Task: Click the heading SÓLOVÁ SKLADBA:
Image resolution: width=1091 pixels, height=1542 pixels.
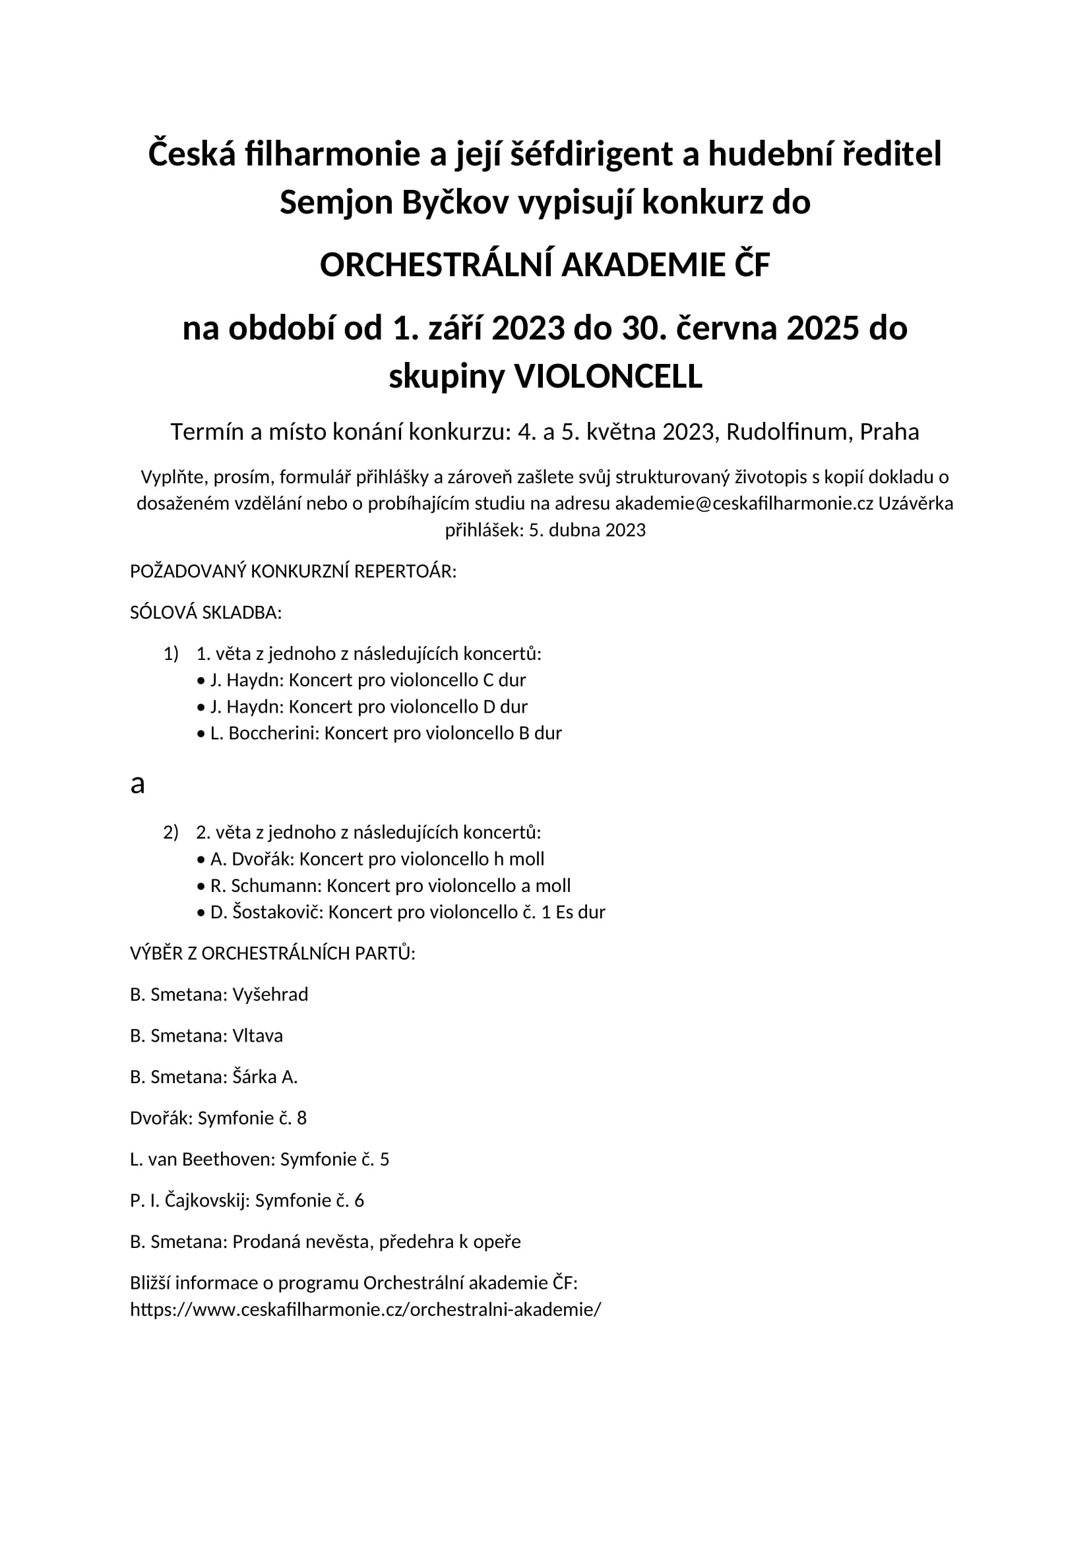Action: pyautogui.click(x=206, y=612)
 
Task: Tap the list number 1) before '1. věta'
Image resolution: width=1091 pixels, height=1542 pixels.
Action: pyautogui.click(x=171, y=653)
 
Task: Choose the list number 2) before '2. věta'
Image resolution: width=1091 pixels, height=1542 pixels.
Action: pyautogui.click(x=171, y=832)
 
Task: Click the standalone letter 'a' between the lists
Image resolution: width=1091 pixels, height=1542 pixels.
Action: pyautogui.click(x=138, y=783)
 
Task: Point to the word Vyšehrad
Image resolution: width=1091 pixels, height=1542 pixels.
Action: pyautogui.click(x=270, y=995)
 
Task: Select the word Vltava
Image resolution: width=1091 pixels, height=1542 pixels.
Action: pyautogui.click(x=257, y=1036)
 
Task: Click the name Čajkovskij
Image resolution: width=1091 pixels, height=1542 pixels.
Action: pyautogui.click(x=206, y=1200)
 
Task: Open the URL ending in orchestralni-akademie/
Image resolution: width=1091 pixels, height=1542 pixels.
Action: pyautogui.click(x=365, y=1310)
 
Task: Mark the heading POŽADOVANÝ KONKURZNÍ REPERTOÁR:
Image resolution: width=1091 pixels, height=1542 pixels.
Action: pyautogui.click(x=293, y=572)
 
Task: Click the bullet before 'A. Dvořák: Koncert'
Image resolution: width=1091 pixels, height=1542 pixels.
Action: pyautogui.click(x=201, y=860)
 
